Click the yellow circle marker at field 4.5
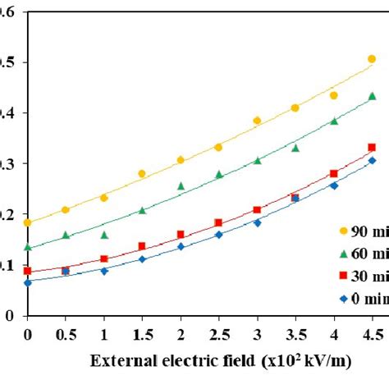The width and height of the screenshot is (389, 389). pos(372,59)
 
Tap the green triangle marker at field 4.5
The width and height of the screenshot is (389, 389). pos(372,96)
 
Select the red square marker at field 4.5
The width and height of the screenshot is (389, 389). pos(372,148)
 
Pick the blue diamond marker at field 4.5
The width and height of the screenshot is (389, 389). pos(372,160)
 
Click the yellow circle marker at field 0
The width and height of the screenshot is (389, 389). pos(27,222)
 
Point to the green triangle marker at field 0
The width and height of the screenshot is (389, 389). pos(27,247)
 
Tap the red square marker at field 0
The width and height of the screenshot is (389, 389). pos(27,271)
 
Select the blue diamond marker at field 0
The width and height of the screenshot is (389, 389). pos(27,282)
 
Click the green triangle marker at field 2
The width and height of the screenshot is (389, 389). pos(181,186)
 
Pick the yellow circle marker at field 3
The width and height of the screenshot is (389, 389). pos(257,121)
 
